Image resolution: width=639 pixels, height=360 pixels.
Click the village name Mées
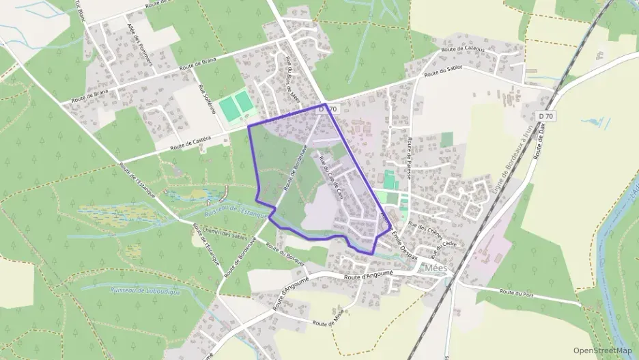pyautogui.click(x=435, y=268)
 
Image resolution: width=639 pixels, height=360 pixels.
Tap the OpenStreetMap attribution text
pyautogui.click(x=602, y=350)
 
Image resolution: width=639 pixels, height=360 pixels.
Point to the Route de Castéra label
pyautogui.click(x=190, y=142)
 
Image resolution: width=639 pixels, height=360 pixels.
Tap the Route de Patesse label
pyautogui.click(x=409, y=158)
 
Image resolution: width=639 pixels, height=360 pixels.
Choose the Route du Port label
pyautogui.click(x=516, y=292)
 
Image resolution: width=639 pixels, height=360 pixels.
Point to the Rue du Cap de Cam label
pyautogui.click(x=332, y=175)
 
